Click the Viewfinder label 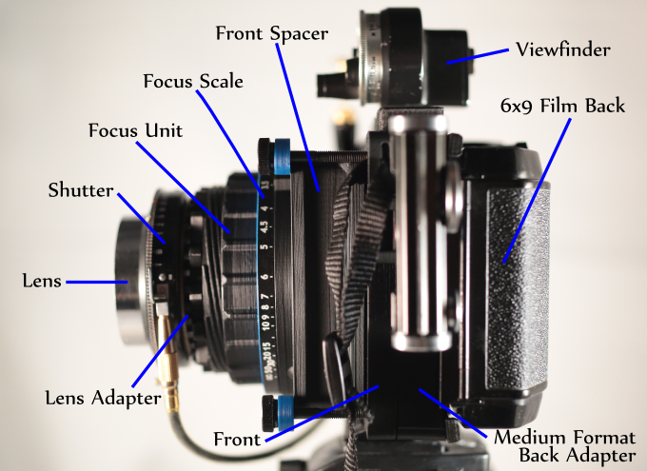563,49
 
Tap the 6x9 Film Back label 562,106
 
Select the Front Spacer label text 272,33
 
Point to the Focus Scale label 193,81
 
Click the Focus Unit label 135,130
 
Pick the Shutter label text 81,190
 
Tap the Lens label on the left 42,281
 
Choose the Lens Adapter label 103,398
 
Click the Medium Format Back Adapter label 565,446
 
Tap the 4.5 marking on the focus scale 265,226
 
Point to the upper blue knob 282,156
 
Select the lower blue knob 285,413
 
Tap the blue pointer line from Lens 97,283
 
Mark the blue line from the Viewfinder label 478,56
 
